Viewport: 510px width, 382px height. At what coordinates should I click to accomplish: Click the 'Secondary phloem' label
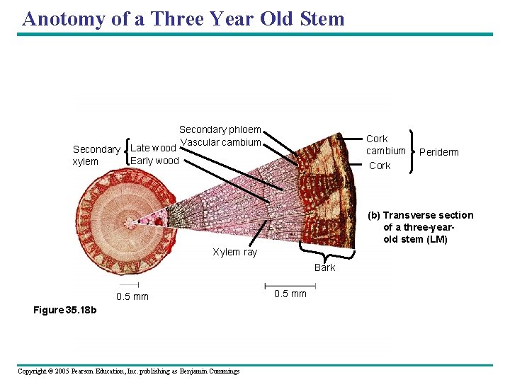click(220, 129)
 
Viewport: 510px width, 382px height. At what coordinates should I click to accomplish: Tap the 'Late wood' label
click(153, 148)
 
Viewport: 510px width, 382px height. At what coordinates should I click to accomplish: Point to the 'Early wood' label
click(154, 161)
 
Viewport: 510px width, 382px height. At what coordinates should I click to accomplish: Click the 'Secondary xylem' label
click(96, 156)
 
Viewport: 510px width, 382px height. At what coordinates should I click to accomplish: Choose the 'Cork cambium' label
click(385, 144)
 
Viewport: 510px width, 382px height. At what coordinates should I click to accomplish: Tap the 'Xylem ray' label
click(234, 253)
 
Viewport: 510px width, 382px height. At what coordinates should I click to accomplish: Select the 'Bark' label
click(325, 267)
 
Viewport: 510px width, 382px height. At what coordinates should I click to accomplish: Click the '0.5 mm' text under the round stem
click(132, 296)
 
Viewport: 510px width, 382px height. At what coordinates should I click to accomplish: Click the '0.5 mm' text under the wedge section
click(290, 294)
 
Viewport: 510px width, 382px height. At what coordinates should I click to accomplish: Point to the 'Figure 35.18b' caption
click(65, 311)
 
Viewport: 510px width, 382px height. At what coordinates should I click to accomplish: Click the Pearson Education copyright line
click(128, 371)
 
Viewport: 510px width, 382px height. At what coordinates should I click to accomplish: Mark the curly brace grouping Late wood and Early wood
click(127, 154)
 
